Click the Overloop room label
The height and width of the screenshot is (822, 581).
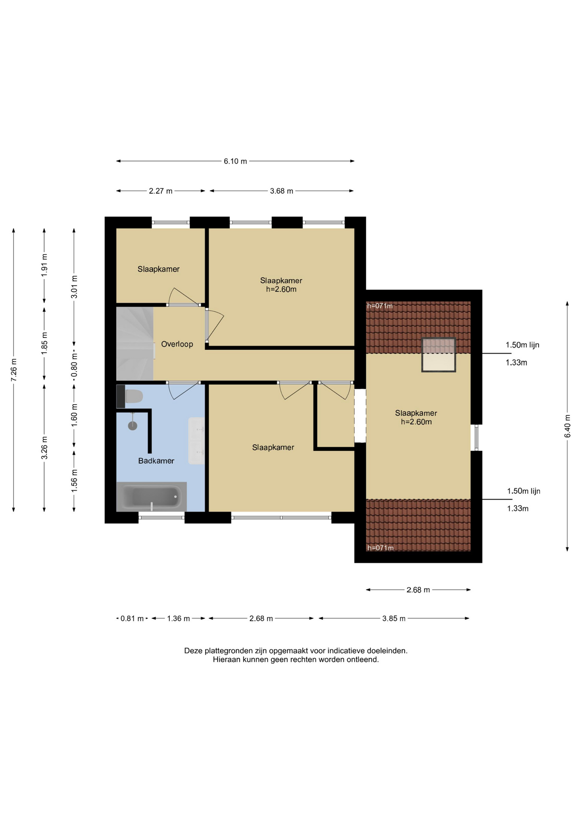click(177, 344)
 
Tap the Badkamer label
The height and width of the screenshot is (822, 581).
click(156, 461)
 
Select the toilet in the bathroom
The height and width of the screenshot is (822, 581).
click(133, 396)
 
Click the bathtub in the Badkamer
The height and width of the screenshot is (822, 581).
click(151, 497)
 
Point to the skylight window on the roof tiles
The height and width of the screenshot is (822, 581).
click(439, 355)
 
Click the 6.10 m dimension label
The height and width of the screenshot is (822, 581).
click(235, 161)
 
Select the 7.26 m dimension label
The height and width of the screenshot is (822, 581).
click(14, 370)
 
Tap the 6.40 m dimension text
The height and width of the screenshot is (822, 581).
click(567, 426)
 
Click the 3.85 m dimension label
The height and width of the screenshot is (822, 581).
click(394, 619)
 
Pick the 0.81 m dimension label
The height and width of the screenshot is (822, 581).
click(132, 619)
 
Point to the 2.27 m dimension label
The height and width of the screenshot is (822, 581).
click(160, 191)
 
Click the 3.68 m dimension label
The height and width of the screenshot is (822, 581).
click(282, 191)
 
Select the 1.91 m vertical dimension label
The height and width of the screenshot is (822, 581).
click(44, 265)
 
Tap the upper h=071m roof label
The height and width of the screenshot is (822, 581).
click(380, 306)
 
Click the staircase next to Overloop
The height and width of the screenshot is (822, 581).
click(135, 343)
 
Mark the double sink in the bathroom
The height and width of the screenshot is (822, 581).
click(196, 441)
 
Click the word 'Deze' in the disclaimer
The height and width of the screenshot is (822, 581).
click(193, 651)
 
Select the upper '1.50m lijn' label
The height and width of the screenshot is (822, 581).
click(522, 345)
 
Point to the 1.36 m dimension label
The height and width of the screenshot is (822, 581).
click(178, 619)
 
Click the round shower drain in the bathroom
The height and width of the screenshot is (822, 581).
click(133, 426)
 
